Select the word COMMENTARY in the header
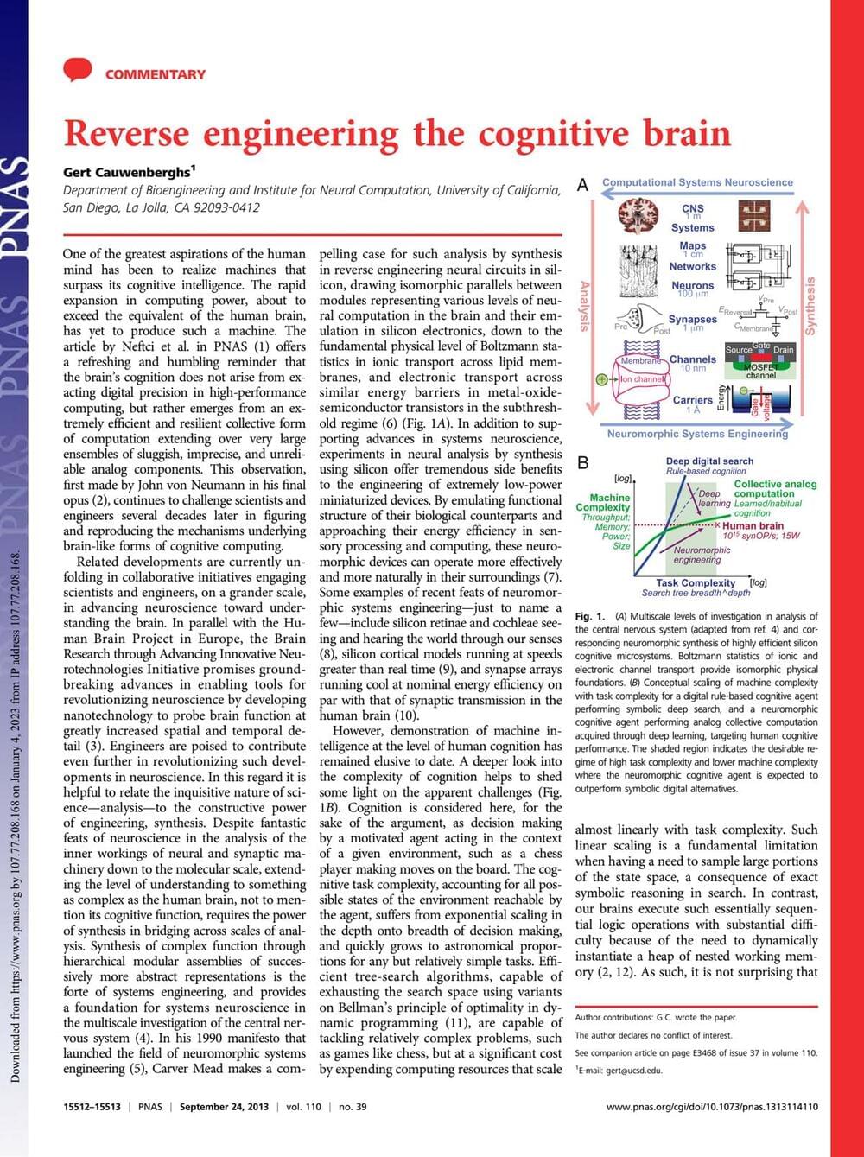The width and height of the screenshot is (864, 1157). [156, 74]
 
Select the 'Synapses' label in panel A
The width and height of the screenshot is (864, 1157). [692, 320]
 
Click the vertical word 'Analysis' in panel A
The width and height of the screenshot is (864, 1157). [584, 306]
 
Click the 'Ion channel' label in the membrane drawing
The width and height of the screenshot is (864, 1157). [643, 378]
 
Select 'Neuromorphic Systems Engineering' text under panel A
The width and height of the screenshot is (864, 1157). [697, 434]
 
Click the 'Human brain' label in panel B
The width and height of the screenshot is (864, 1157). [753, 525]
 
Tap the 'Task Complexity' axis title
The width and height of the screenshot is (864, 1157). [695, 583]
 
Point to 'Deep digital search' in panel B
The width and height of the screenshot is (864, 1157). [709, 461]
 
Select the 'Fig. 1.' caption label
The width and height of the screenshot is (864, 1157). [589, 616]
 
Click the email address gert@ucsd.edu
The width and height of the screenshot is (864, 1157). [624, 1070]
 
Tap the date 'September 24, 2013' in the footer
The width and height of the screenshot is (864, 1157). [224, 1107]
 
